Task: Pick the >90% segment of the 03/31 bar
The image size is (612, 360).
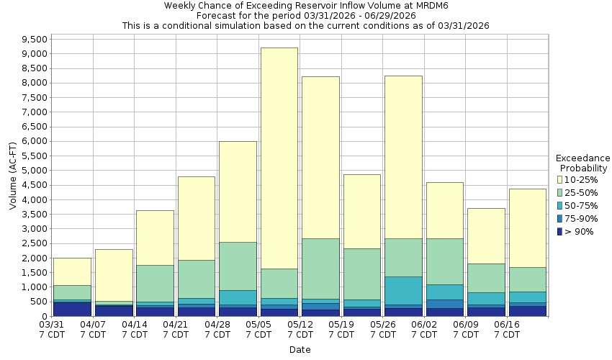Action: [72, 309]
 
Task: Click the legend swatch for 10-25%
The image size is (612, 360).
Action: [560, 179]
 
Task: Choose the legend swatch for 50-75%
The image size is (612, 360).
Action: [560, 205]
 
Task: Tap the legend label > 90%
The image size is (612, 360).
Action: [580, 231]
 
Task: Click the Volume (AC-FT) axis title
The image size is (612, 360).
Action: [12, 176]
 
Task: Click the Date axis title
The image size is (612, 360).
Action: [300, 350]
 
